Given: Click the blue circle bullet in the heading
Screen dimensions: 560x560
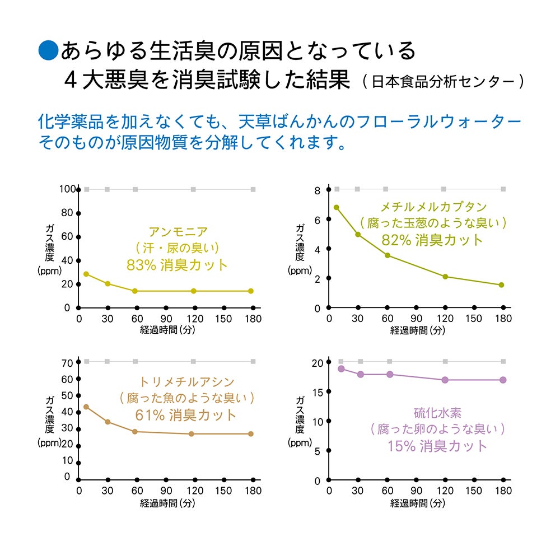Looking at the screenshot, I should coord(48,50).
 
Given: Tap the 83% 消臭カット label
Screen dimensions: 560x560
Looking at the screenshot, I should coord(178,265).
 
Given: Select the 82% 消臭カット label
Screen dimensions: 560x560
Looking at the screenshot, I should coord(432,240).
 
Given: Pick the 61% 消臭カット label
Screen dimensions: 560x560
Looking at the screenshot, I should coord(186,416).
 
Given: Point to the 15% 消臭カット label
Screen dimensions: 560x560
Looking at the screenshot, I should coord(437,446).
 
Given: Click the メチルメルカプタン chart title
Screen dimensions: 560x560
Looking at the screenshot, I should coord(433,207).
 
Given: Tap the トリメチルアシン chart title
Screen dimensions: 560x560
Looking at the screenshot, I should coord(186,382).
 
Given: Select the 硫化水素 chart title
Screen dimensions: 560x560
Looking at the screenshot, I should coord(437,413).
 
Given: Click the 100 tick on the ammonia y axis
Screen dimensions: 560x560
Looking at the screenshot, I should coord(66,189).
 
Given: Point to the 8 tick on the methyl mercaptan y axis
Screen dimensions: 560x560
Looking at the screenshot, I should coord(317,191).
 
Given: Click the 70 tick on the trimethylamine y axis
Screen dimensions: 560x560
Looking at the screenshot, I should coord(67,363).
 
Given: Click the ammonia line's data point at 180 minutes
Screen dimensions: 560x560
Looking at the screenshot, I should coord(251,291).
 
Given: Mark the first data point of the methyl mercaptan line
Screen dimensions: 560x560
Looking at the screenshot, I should coord(337,207).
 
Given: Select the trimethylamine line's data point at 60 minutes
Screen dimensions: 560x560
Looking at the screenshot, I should coord(135,432).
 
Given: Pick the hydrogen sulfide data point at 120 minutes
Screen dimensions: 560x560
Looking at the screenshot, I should coord(445,380).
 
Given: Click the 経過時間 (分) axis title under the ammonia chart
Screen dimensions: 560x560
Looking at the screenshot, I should coord(167,330).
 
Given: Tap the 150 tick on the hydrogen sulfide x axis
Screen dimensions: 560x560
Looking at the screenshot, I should coord(474,491).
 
